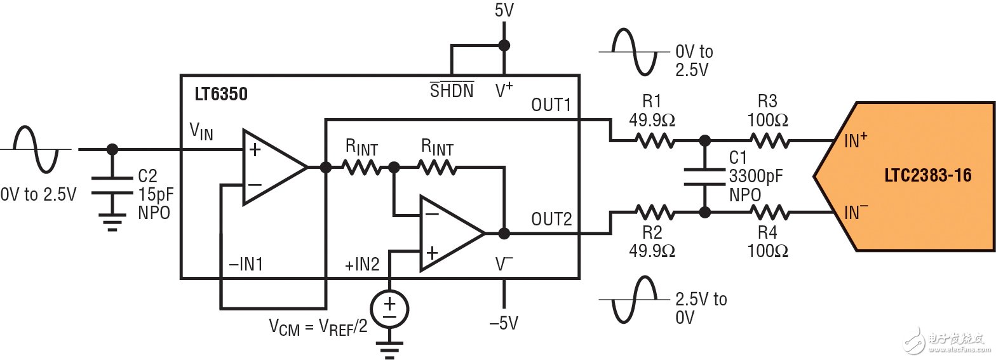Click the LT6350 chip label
[x=221, y=94]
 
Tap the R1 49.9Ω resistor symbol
[x=654, y=141]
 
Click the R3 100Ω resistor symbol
[x=770, y=141]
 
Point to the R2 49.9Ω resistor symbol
[x=654, y=213]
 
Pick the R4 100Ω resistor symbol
[x=770, y=213]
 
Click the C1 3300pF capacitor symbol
[x=705, y=177]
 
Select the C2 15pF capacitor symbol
[x=112, y=186]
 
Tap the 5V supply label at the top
[x=504, y=10]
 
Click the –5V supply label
[x=504, y=323]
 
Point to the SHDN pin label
[x=452, y=91]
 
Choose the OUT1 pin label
[x=551, y=105]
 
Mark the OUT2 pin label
[x=551, y=220]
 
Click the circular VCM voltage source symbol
[x=389, y=309]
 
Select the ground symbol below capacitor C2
[x=112, y=222]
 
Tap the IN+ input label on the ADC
[x=856, y=140]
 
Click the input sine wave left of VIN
[x=36, y=150]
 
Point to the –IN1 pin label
[x=246, y=264]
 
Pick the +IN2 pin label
[x=362, y=264]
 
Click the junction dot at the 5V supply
[x=504, y=45]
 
